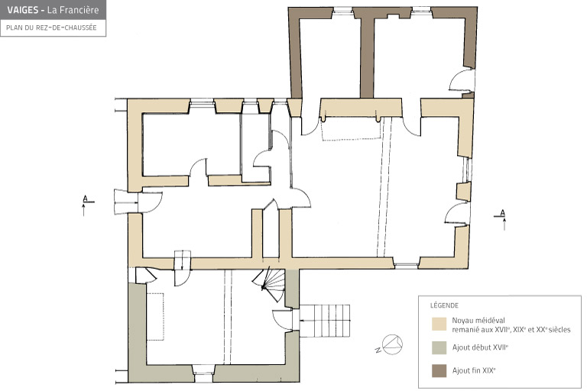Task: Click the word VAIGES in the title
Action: tap(23, 10)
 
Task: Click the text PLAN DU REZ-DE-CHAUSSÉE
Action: tap(51, 27)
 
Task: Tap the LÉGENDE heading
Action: tap(444, 305)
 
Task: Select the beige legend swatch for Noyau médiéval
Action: tap(439, 324)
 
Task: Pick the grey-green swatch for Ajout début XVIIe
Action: tap(439, 347)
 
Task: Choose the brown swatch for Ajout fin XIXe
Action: tap(439, 371)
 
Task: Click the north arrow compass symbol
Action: tap(391, 344)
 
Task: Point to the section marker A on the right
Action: tap(502, 218)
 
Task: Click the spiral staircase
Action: tap(273, 284)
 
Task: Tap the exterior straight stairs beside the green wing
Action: tap(325, 321)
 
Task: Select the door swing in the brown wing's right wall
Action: tap(459, 80)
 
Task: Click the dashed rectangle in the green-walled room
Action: tap(155, 316)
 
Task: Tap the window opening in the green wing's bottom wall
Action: tap(204, 373)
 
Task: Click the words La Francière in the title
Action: tap(73, 10)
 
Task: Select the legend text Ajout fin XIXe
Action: tap(474, 370)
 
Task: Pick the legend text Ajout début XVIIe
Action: tap(480, 347)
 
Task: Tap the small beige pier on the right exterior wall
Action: tap(463, 192)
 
